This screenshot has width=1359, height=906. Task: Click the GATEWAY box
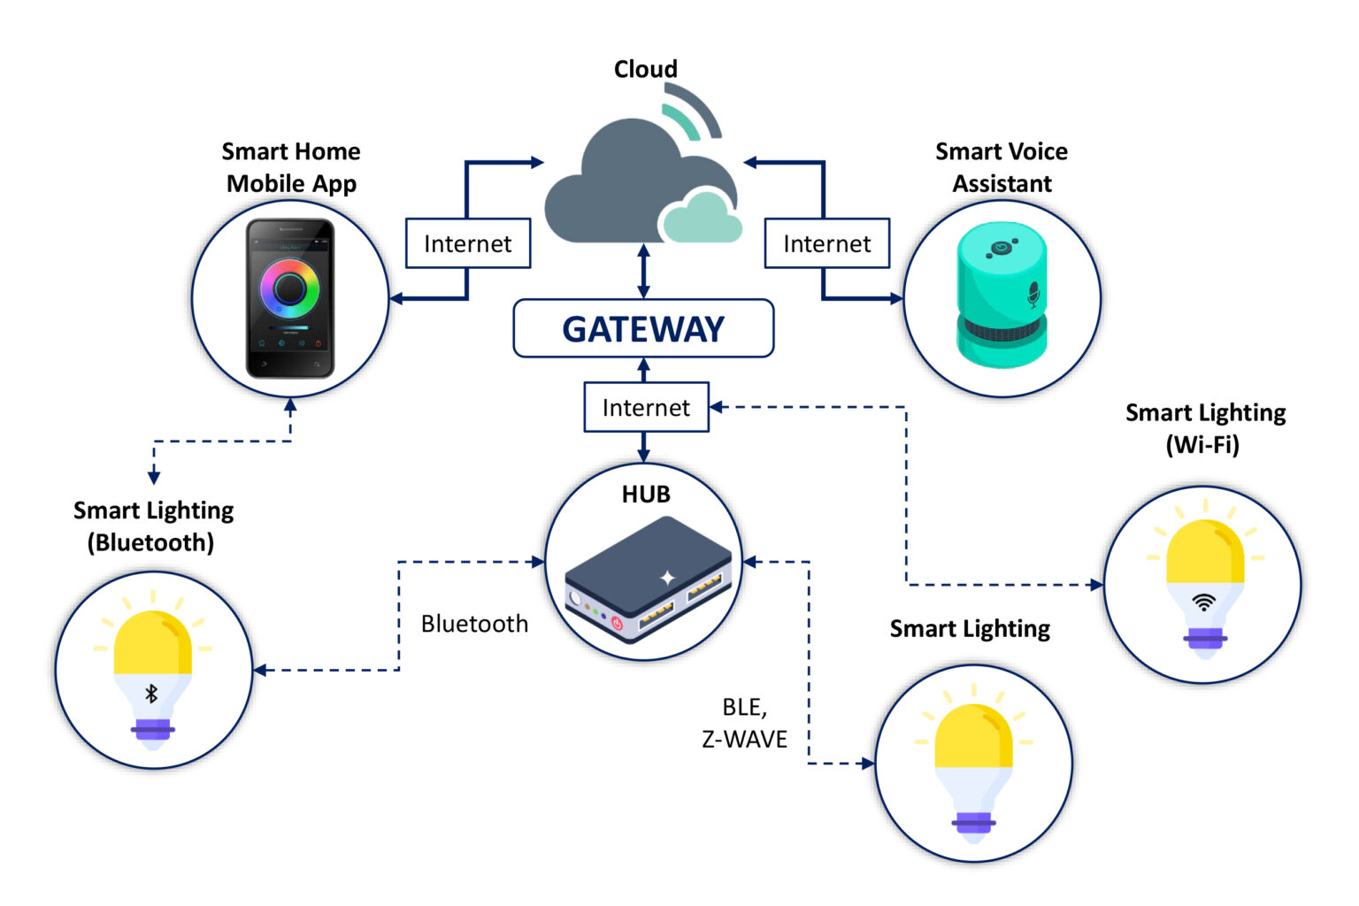click(x=643, y=329)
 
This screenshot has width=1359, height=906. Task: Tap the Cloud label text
click(x=646, y=69)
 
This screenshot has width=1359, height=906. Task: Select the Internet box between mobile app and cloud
click(x=467, y=243)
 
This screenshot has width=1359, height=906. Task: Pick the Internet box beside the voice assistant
click(x=826, y=243)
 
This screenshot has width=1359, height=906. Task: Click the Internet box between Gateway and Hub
click(x=646, y=407)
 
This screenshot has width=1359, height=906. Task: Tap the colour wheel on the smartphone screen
click(x=289, y=288)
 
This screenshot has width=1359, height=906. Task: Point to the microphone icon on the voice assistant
click(x=1033, y=294)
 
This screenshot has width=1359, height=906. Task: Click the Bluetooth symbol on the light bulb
click(x=151, y=694)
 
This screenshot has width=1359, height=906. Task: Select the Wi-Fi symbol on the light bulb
click(x=1203, y=603)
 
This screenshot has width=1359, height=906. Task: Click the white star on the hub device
click(x=668, y=578)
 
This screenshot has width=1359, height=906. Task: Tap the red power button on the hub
click(x=617, y=624)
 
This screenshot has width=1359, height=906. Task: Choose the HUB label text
click(x=646, y=495)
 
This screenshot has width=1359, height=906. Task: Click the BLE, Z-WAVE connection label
click(x=744, y=723)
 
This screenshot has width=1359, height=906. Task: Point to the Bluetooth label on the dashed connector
click(x=474, y=624)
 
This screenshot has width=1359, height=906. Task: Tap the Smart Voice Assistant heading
click(x=1002, y=167)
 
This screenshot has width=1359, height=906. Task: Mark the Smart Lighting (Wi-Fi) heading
click(x=1205, y=428)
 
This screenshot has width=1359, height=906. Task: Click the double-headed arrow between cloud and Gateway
click(x=643, y=271)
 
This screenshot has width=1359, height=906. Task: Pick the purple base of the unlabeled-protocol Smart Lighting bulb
click(x=973, y=822)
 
